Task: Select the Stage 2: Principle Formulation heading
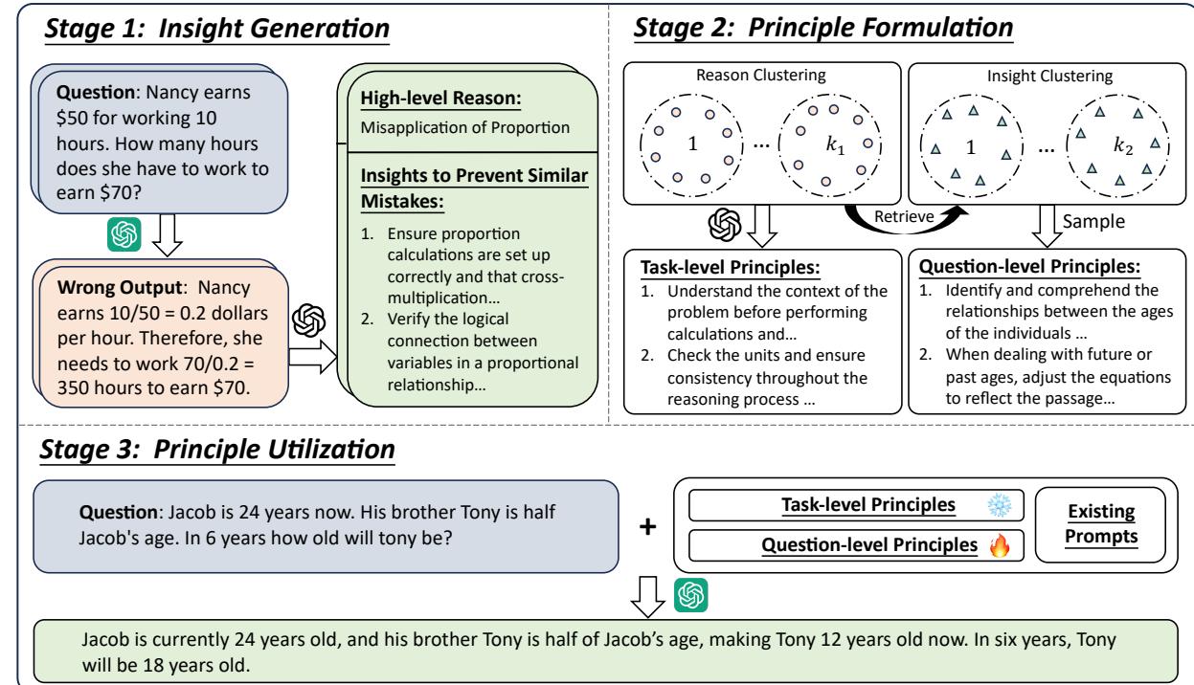(822, 29)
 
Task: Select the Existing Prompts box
(1104, 525)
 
